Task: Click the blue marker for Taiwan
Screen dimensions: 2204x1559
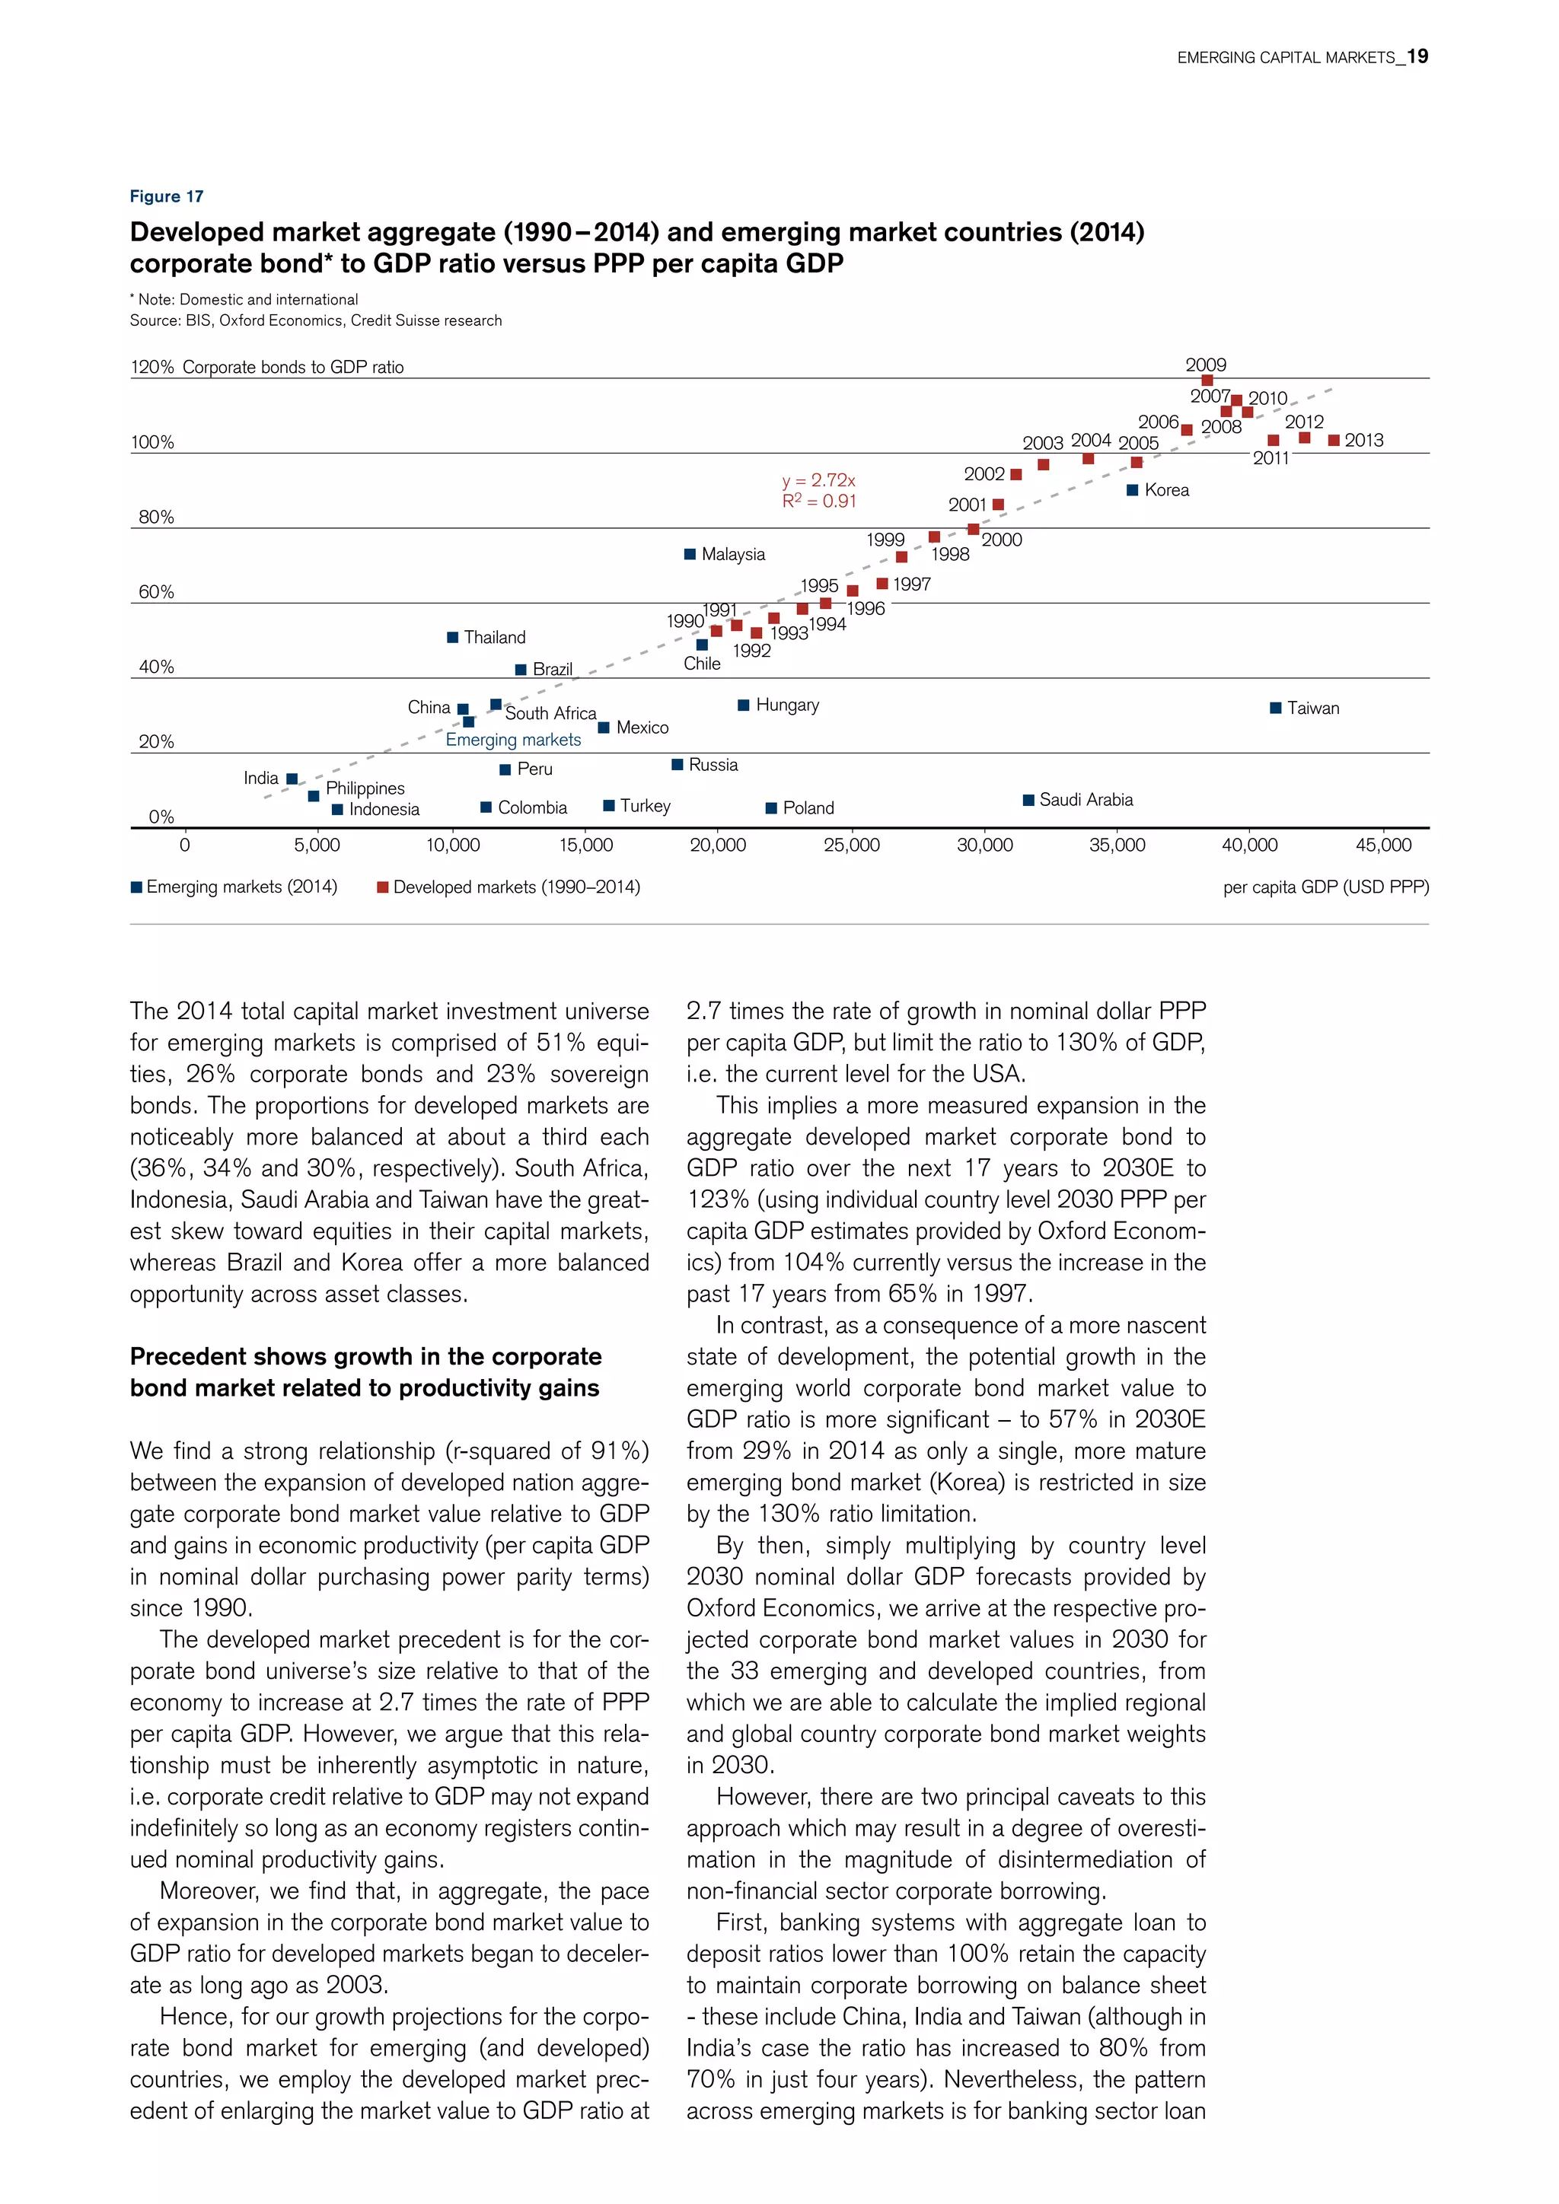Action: coord(1275,709)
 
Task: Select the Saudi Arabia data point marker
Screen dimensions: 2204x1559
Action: coord(1028,800)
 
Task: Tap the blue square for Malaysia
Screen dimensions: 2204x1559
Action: coord(689,554)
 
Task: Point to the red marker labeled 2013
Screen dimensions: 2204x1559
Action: coord(1334,441)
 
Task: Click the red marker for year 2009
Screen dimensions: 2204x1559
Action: coord(1207,381)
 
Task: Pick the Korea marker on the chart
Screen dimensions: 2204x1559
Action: coord(1133,491)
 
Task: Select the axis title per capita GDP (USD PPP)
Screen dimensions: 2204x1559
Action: coord(1326,887)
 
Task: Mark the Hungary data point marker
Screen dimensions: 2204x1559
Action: coord(743,705)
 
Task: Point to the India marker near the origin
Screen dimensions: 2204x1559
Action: coord(292,779)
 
